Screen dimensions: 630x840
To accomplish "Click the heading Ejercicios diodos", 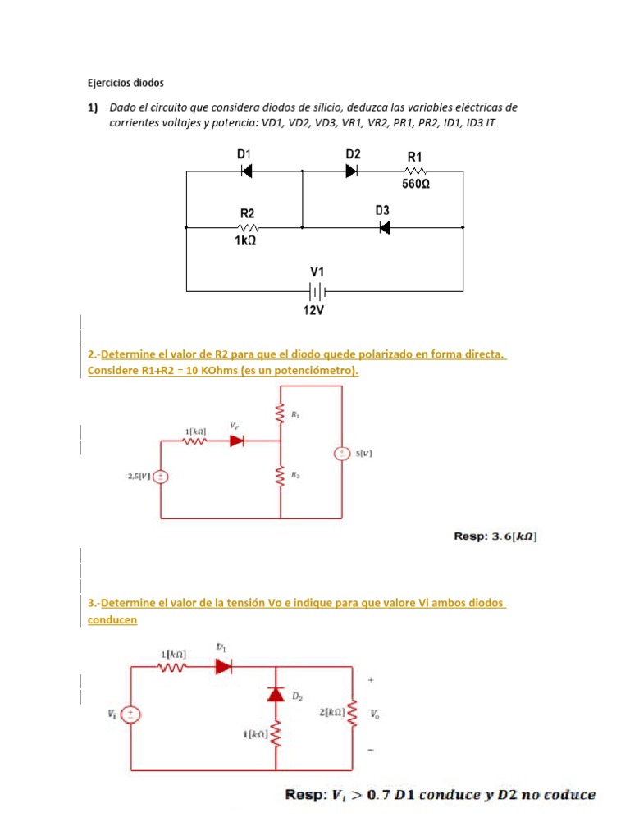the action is click(x=126, y=83).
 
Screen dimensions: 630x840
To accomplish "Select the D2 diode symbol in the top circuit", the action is click(x=352, y=171).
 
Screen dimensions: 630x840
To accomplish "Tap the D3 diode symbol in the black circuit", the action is click(x=384, y=227).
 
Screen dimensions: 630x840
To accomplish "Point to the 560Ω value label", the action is click(x=416, y=185).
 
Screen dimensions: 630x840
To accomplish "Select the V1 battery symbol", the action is click(x=317, y=290).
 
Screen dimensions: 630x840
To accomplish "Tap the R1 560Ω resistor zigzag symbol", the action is click(x=416, y=171).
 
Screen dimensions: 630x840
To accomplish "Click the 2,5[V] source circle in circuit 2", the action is click(x=162, y=476).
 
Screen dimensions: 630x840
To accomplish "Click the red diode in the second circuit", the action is click(x=237, y=441).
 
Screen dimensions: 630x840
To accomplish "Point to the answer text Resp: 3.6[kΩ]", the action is click(x=496, y=536).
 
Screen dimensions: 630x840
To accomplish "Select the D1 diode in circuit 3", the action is click(x=224, y=667).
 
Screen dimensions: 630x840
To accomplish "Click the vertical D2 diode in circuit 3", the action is click(x=276, y=694).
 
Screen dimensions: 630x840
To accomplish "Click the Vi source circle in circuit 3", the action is click(x=131, y=714).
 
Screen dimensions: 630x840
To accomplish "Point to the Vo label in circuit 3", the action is click(x=374, y=715).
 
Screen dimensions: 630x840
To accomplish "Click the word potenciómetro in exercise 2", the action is click(x=317, y=371).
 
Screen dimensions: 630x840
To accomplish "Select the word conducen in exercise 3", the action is click(x=112, y=619).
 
